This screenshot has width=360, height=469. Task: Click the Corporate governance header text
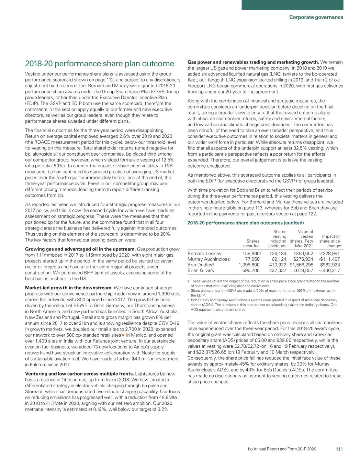pos(316,17)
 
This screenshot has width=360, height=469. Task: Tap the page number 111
pos(339,449)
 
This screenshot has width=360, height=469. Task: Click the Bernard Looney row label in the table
pos(204,254)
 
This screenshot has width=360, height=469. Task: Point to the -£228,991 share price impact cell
pos(327,254)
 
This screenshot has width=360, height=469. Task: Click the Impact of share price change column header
pos(330,241)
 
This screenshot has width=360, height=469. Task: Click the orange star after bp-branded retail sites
pos(123,335)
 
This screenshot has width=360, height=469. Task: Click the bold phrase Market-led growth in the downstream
pos(69,288)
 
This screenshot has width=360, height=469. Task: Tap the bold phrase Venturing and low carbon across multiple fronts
pos(80,374)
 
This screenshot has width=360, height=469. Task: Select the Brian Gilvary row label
pos(201,270)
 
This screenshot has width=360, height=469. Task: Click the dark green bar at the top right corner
pos(301,5)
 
